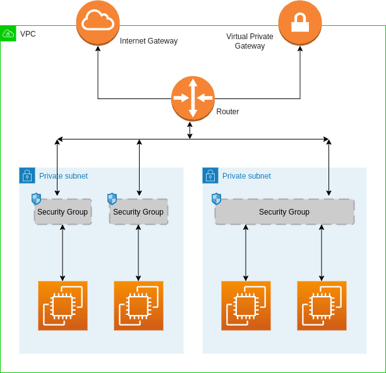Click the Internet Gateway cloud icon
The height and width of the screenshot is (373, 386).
[x=98, y=23]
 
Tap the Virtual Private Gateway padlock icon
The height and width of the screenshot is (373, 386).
[x=300, y=23]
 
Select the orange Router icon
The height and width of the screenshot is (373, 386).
[x=193, y=98]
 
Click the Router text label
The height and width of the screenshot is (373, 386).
[x=227, y=112]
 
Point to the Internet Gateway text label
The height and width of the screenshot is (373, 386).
[x=148, y=41]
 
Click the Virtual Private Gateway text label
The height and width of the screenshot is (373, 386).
[x=250, y=41]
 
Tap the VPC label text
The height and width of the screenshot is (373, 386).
[x=28, y=33]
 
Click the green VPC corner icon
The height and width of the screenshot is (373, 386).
[x=8, y=33]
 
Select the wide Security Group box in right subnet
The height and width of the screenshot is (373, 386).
[x=284, y=212]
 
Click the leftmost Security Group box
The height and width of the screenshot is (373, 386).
[x=63, y=212]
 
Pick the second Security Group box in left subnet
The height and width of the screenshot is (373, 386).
[x=138, y=212]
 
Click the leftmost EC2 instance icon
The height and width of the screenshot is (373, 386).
[x=63, y=306]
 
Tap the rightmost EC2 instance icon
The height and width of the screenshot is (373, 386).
[x=322, y=306]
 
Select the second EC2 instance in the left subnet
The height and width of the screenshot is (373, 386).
[x=138, y=306]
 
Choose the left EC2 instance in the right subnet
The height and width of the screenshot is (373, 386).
[x=246, y=306]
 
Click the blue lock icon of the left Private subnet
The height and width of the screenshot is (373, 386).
[x=27, y=175]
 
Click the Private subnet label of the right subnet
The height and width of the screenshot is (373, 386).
[x=246, y=176]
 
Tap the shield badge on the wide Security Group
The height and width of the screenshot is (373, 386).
[x=217, y=199]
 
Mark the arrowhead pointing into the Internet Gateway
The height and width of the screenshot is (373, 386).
[x=98, y=51]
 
